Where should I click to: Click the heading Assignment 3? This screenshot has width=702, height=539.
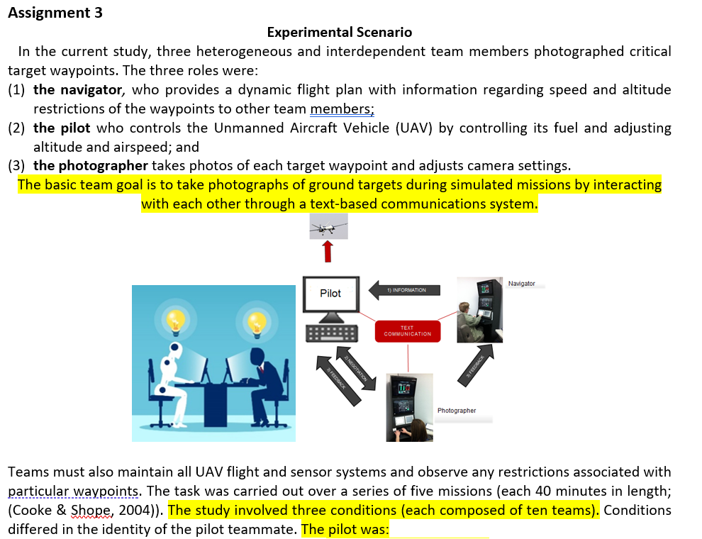tap(55, 13)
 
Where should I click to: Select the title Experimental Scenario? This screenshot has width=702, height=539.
tap(339, 32)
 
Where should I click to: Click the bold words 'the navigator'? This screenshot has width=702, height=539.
tap(78, 89)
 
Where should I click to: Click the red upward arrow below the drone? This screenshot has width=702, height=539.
tap(328, 251)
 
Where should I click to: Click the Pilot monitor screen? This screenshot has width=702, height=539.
tap(330, 294)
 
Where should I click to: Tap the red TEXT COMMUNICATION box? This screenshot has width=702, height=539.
tap(407, 331)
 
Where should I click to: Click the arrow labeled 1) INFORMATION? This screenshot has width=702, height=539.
tap(405, 290)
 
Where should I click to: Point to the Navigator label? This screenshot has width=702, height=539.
tap(521, 284)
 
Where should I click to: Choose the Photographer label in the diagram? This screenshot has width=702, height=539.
tap(457, 411)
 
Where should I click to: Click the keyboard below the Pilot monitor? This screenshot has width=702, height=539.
tap(330, 333)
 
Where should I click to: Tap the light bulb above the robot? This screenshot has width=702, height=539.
tap(174, 321)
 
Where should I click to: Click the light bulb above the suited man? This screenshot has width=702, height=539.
tap(256, 321)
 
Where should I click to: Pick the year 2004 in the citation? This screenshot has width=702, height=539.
tap(135, 511)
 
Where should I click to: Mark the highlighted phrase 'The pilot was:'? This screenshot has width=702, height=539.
tap(346, 529)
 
